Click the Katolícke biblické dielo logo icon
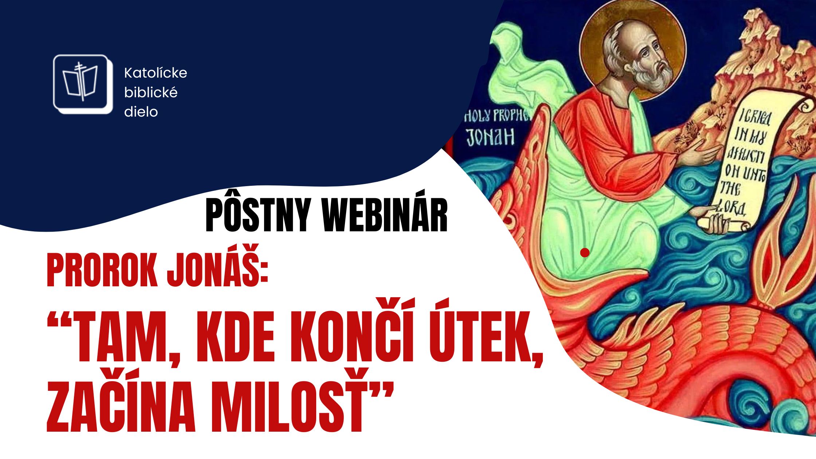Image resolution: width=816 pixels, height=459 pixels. (x=83, y=84)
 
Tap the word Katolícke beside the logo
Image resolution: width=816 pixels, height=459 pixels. (x=156, y=73)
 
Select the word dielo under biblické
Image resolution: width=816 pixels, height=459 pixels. (x=141, y=112)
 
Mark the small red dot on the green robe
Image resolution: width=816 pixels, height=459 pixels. (x=585, y=252)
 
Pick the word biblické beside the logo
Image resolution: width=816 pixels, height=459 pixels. (x=151, y=93)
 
